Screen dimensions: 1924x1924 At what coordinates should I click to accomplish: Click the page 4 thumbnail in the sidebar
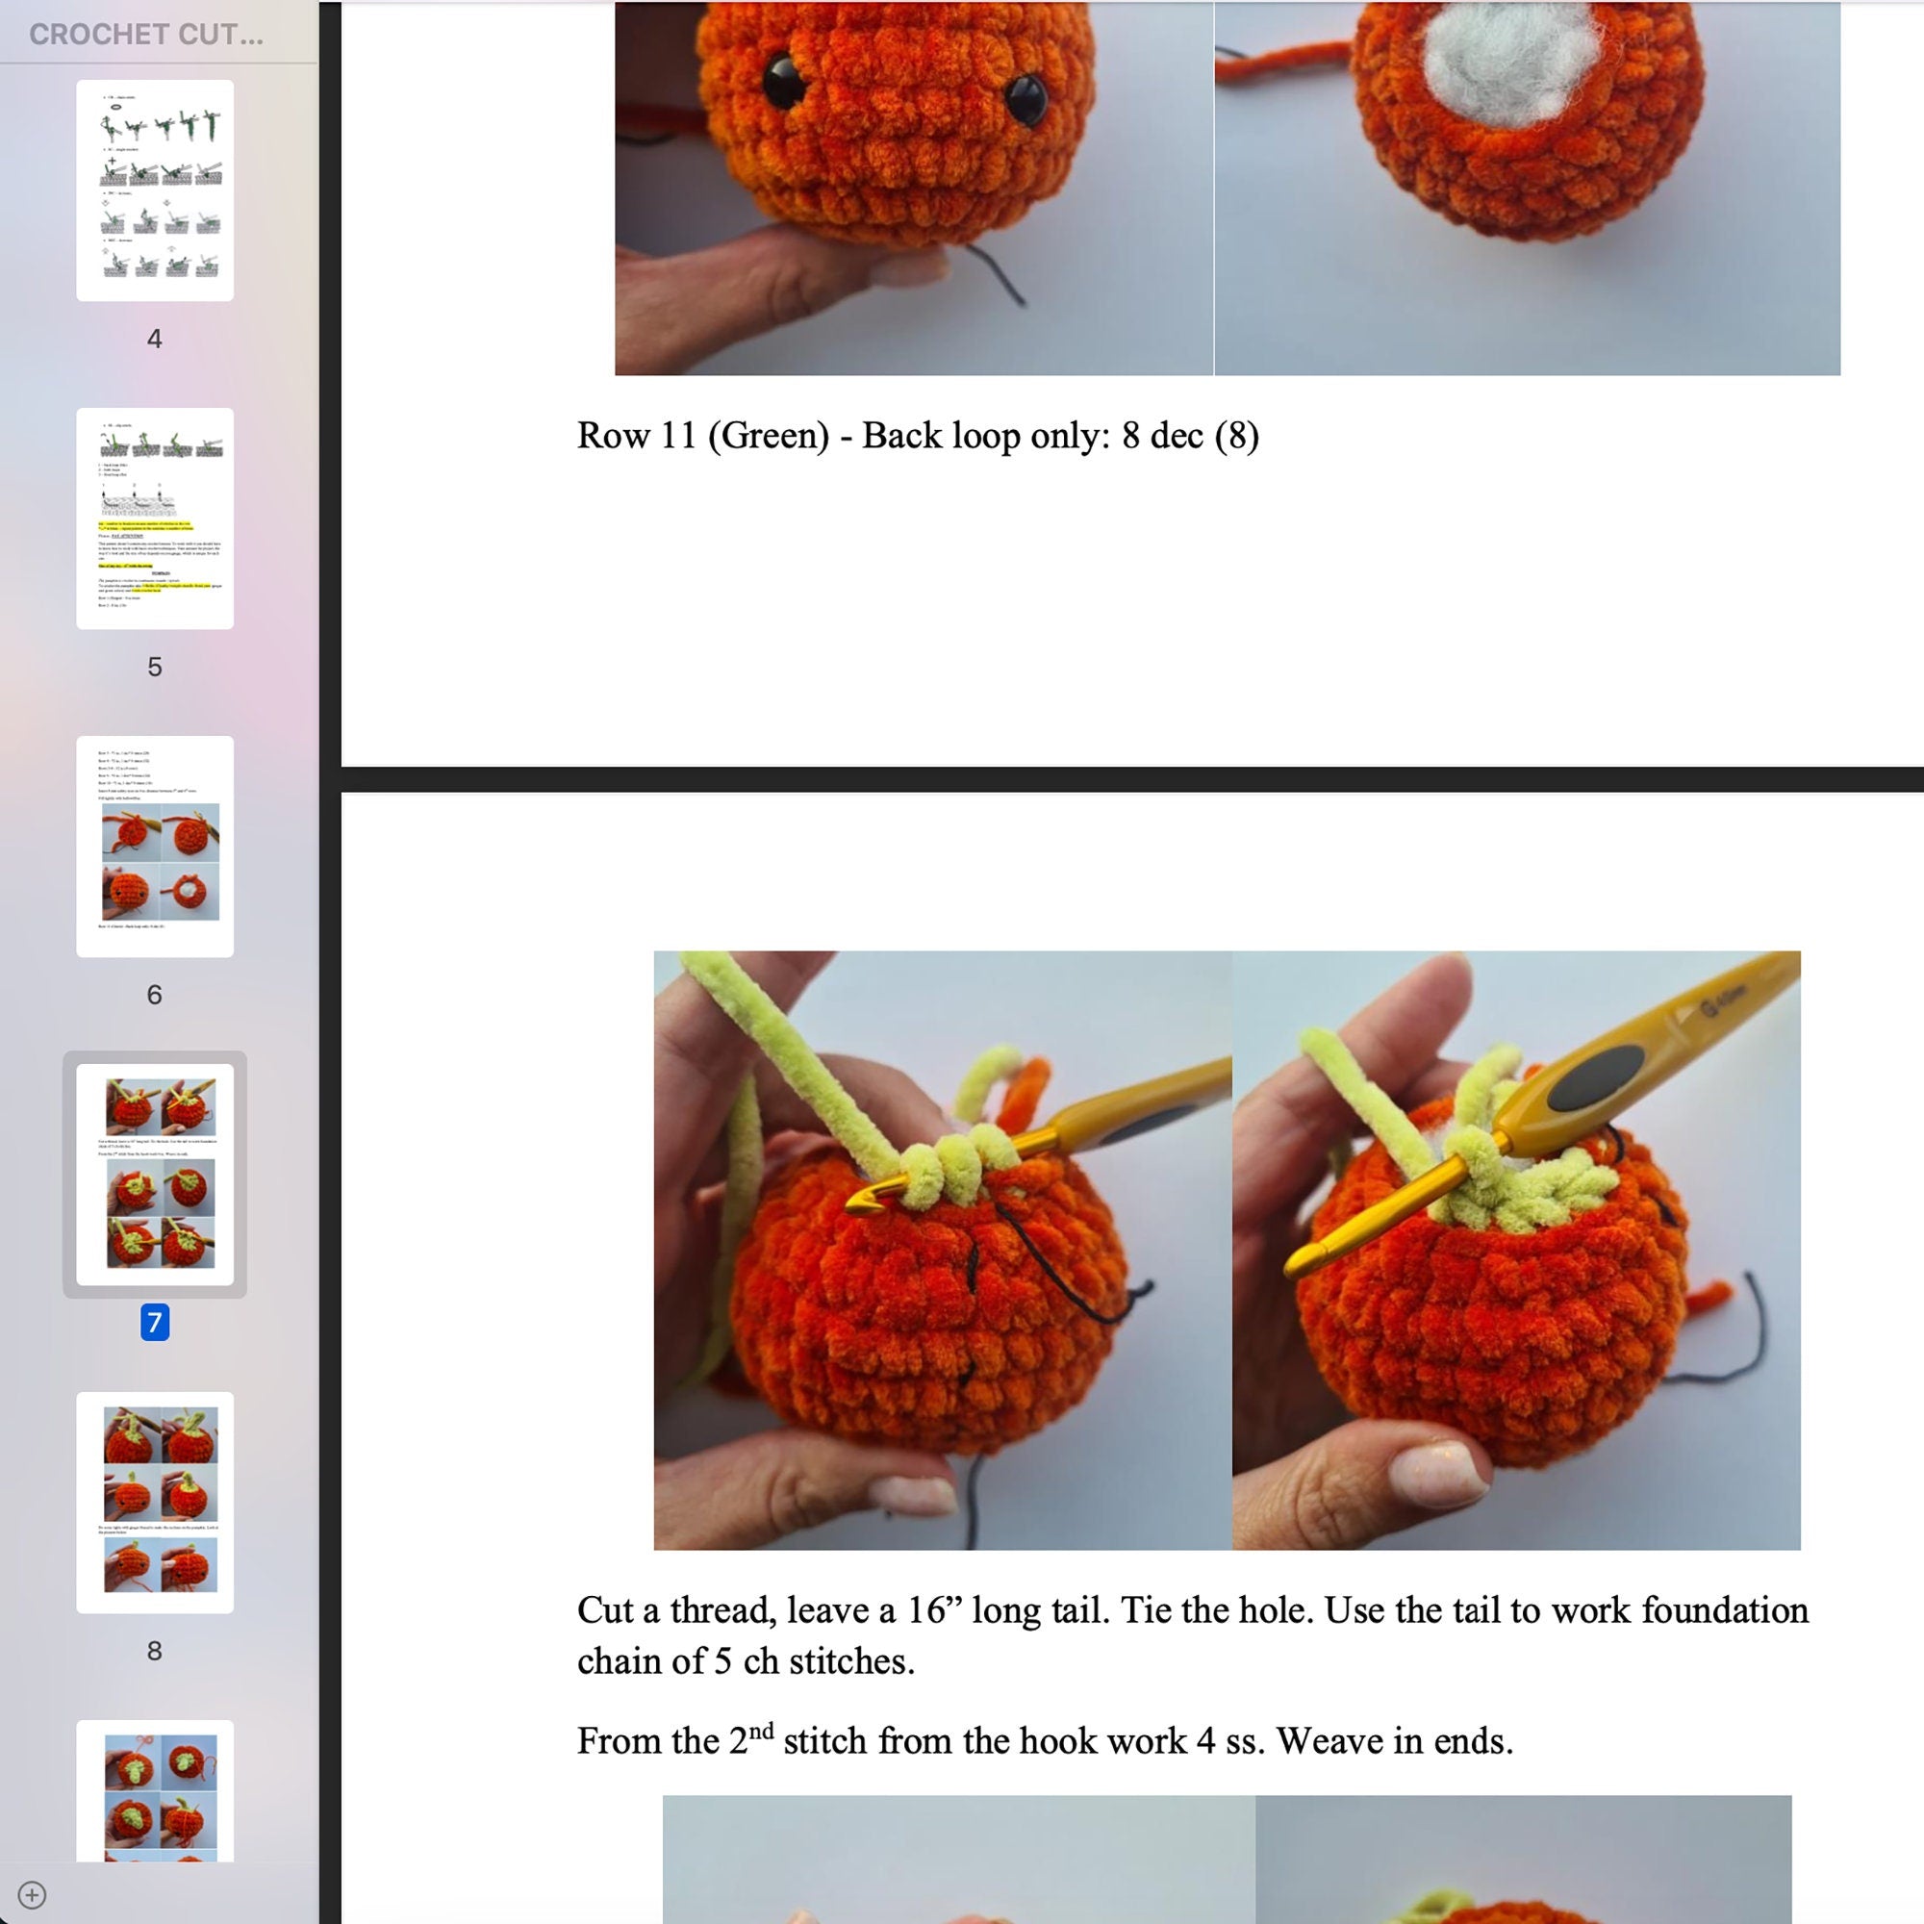click(154, 190)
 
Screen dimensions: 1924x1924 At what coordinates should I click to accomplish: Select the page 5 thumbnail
click(154, 518)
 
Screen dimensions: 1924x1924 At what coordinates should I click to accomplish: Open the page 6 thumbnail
click(154, 846)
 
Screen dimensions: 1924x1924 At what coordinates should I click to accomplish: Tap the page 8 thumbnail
click(154, 1502)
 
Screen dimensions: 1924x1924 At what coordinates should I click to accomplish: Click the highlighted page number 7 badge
click(154, 1322)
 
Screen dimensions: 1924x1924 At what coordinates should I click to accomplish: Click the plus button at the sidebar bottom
click(32, 1894)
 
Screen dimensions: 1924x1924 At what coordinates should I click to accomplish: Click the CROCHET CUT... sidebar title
click(146, 35)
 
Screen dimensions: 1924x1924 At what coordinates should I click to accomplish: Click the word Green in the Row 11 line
click(768, 436)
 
